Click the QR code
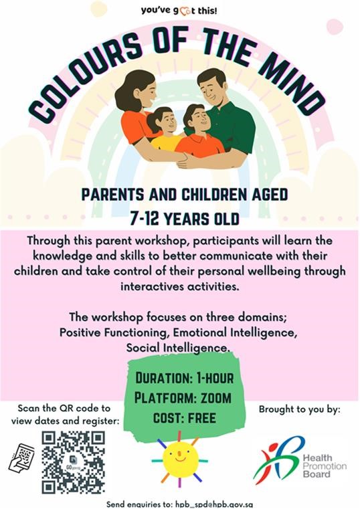coord(74,462)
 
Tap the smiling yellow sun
coord(180,459)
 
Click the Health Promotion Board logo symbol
coord(279,460)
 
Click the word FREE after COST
coord(202,418)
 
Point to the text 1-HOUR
coord(215,378)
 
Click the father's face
coord(211,90)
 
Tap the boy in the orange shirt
coord(198,130)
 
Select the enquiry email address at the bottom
coord(213,505)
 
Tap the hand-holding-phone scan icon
coord(21,458)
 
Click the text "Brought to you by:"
coord(299,409)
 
